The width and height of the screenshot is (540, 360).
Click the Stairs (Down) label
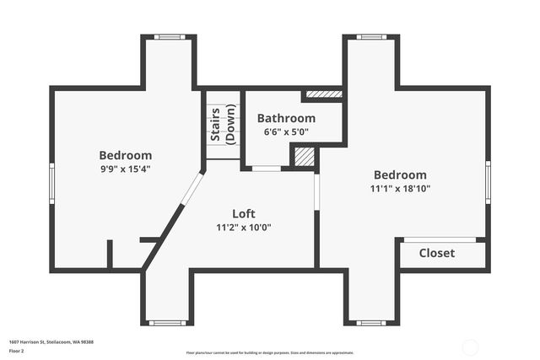pyautogui.click(x=224, y=124)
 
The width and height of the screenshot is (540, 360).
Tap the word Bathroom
pyautogui.click(x=286, y=119)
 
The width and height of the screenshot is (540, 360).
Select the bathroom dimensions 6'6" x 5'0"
pyautogui.click(x=286, y=132)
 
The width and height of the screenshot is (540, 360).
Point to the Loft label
pyautogui.click(x=243, y=213)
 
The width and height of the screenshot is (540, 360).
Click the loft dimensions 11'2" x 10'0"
pyautogui.click(x=243, y=227)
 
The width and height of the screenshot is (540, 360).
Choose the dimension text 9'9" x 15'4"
pyautogui.click(x=125, y=169)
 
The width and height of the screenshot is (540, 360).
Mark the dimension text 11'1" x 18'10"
pyautogui.click(x=402, y=189)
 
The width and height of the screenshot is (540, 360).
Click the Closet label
pyautogui.click(x=436, y=253)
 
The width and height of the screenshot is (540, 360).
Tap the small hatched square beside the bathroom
pyautogui.click(x=305, y=157)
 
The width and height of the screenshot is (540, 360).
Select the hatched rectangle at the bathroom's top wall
pyautogui.click(x=322, y=94)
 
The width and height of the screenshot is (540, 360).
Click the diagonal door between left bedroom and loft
pyautogui.click(x=192, y=189)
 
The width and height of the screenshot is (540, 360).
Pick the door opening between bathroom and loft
pyautogui.click(x=267, y=169)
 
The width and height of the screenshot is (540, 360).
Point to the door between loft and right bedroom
pyautogui.click(x=317, y=191)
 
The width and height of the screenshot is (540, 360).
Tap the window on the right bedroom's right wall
pyautogui.click(x=488, y=182)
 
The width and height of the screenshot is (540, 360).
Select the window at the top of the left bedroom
pyautogui.click(x=169, y=37)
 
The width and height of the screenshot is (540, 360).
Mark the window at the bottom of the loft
pyautogui.click(x=168, y=322)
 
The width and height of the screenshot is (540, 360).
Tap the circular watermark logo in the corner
pyautogui.click(x=471, y=346)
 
